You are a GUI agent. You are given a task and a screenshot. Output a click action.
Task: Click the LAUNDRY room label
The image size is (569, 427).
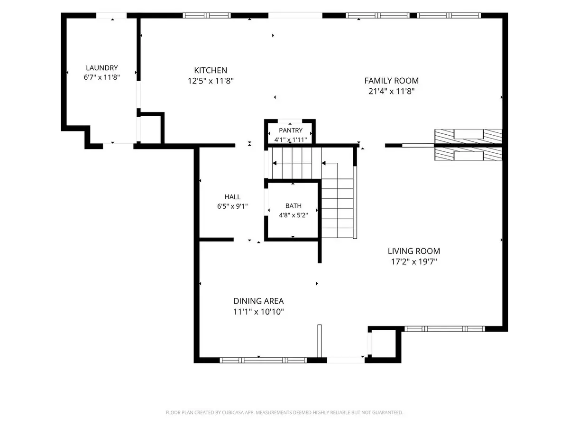(x=102, y=68)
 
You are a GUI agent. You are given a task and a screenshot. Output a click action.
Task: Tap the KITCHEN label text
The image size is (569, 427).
(x=211, y=70)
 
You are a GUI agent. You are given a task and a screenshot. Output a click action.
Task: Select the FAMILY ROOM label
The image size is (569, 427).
(x=392, y=81)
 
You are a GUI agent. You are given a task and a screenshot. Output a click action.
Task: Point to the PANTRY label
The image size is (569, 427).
(x=291, y=130)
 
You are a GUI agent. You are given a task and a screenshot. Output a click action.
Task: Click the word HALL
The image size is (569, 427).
(x=232, y=197)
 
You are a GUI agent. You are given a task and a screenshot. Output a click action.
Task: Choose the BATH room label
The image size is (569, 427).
(x=294, y=206)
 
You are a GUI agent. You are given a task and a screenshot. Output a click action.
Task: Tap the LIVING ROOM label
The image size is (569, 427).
(x=414, y=251)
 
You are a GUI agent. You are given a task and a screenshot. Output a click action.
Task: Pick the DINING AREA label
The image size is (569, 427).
(x=258, y=301)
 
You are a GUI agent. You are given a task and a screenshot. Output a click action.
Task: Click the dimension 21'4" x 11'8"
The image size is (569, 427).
(x=392, y=91)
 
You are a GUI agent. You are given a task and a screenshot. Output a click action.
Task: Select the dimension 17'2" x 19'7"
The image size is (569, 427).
(x=414, y=261)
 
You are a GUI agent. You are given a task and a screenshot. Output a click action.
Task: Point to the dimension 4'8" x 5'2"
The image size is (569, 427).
(x=294, y=215)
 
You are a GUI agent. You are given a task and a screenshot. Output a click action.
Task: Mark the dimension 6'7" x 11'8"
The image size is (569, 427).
(x=102, y=77)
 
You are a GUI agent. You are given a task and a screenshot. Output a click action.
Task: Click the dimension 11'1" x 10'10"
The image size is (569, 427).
(x=258, y=312)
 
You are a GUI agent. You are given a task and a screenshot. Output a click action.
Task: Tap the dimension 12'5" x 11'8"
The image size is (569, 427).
(x=211, y=81)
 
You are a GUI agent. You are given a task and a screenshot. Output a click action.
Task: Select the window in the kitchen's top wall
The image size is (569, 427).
(x=207, y=16)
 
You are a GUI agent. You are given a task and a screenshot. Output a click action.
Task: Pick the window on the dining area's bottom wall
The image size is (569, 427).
(x=263, y=360)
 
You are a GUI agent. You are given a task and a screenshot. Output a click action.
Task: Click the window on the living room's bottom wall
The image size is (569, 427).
(x=445, y=329)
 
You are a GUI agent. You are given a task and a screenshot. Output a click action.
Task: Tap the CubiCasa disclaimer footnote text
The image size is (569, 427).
(x=284, y=412)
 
